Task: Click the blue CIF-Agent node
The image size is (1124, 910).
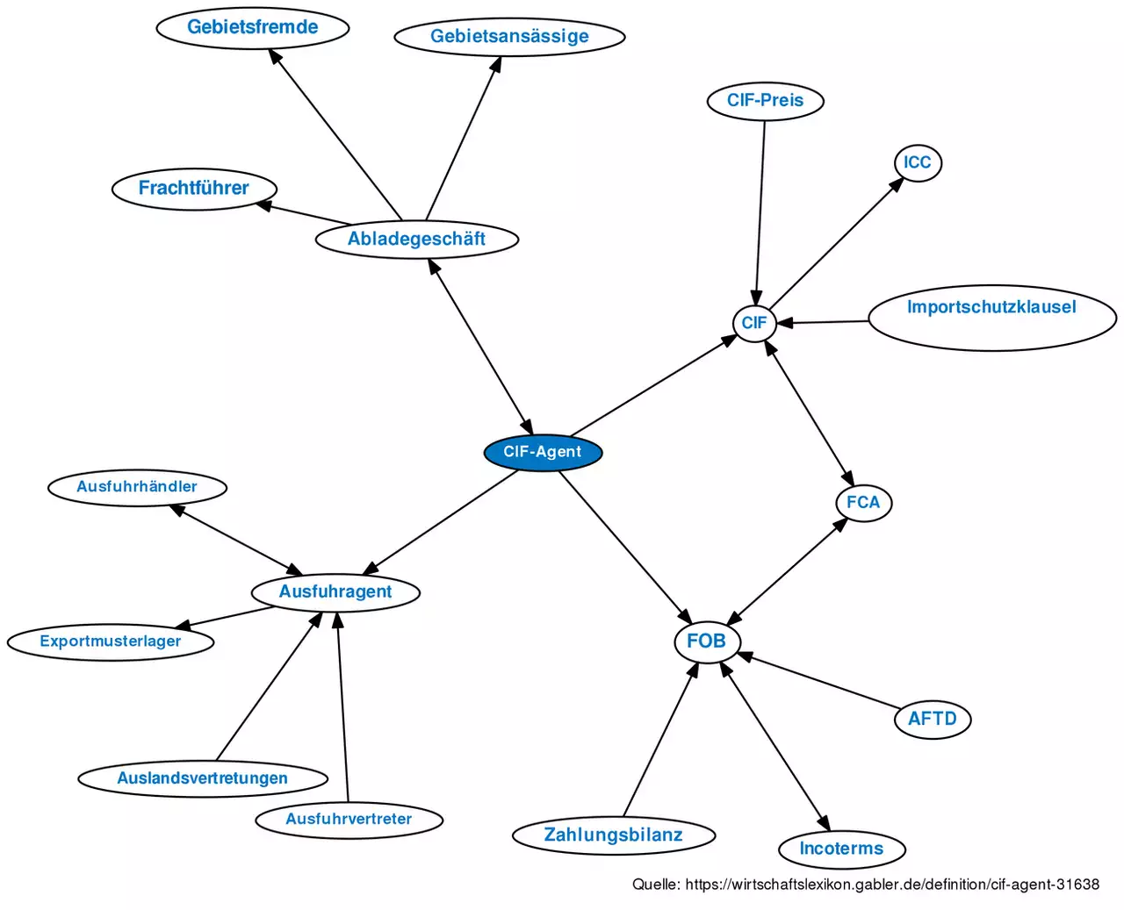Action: [543, 453]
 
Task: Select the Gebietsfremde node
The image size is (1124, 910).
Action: [253, 27]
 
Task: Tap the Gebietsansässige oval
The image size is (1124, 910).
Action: [509, 37]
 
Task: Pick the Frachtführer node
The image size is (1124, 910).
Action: [194, 189]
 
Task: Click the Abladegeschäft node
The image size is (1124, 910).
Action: [417, 240]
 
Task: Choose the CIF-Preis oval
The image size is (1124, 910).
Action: [765, 101]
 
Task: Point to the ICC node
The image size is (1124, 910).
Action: [917, 163]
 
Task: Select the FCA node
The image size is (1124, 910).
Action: [863, 503]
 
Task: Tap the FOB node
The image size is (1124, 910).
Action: [706, 641]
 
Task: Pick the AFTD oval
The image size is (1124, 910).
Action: [932, 720]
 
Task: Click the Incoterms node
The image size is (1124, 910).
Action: [841, 849]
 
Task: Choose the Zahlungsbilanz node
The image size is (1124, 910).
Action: [613, 835]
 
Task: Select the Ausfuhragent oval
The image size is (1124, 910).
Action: [335, 592]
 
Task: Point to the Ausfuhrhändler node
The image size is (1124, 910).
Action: [137, 487]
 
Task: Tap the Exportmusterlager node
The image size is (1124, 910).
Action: [111, 641]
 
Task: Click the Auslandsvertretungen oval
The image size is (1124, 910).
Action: [203, 778]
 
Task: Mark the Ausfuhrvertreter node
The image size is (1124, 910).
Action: [349, 820]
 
